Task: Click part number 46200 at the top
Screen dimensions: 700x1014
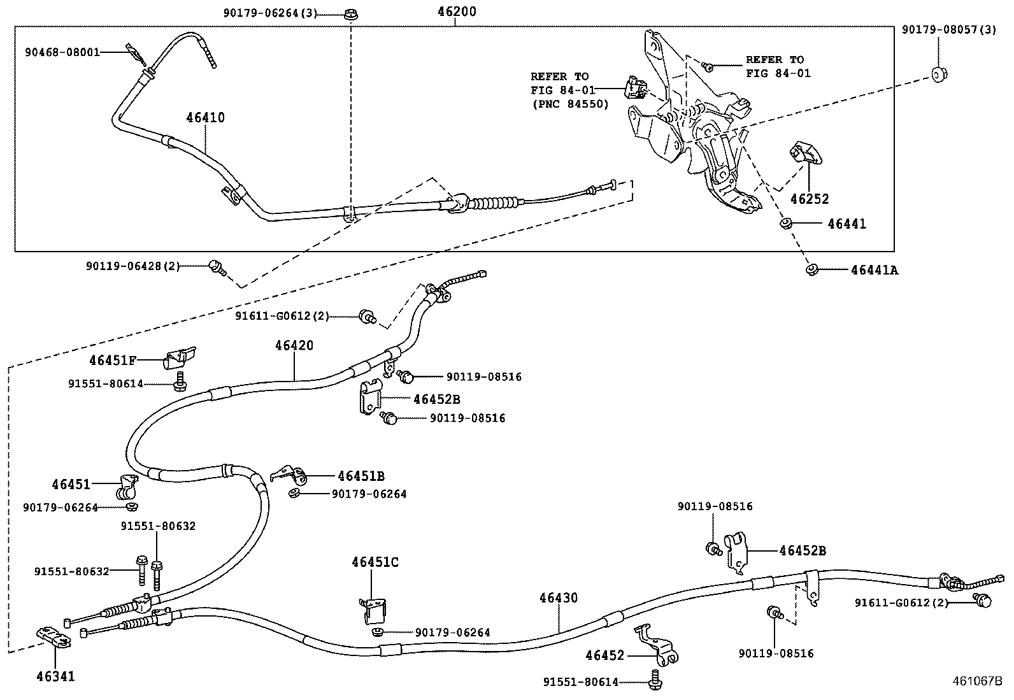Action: pyautogui.click(x=456, y=11)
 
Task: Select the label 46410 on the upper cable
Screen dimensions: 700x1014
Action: pyautogui.click(x=205, y=117)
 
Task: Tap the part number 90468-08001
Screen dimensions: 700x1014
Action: pyautogui.click(x=62, y=52)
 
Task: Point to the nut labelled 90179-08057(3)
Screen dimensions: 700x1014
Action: pyautogui.click(x=938, y=75)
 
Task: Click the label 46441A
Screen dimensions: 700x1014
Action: pyautogui.click(x=874, y=270)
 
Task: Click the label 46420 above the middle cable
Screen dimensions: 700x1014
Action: pyautogui.click(x=294, y=345)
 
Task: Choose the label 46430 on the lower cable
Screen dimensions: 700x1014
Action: pyautogui.click(x=558, y=598)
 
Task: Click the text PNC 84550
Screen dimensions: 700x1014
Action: pyautogui.click(x=569, y=104)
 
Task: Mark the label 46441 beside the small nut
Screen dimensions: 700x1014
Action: pyautogui.click(x=846, y=224)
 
